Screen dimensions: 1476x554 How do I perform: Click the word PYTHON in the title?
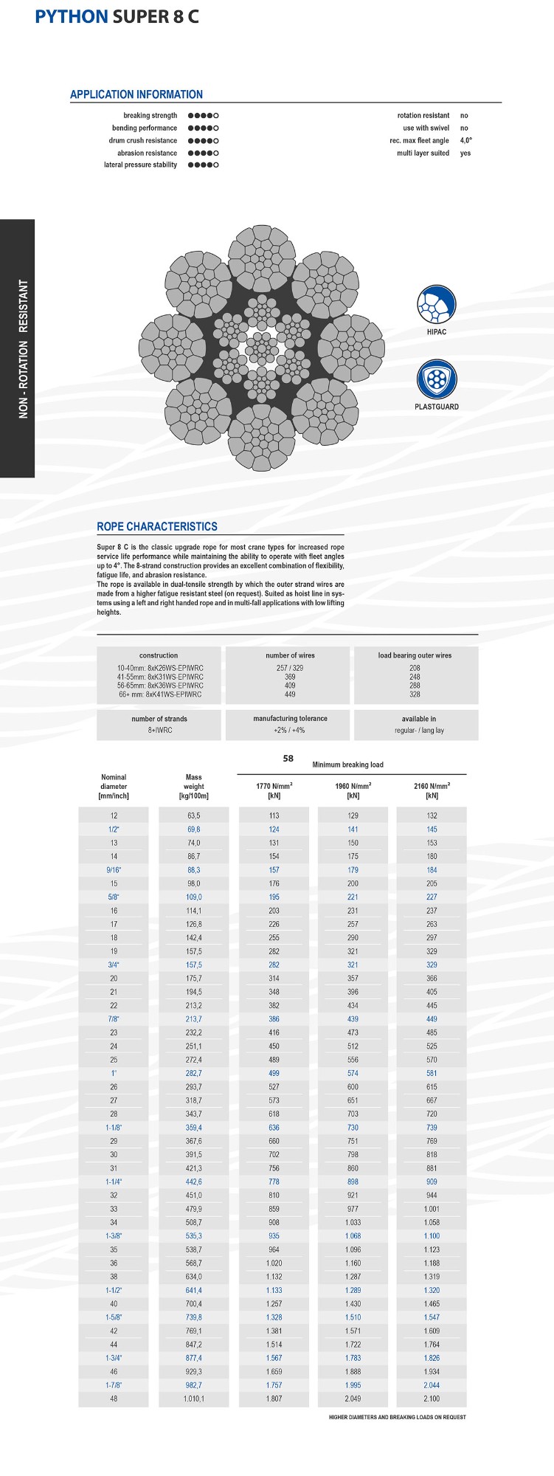click(72, 16)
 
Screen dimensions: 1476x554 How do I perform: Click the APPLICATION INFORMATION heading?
click(136, 94)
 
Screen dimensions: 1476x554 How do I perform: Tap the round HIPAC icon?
click(437, 305)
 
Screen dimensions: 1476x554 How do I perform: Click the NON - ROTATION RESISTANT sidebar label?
click(24, 348)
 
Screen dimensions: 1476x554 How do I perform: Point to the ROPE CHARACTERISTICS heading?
click(157, 526)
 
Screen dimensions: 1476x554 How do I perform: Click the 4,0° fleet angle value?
click(466, 140)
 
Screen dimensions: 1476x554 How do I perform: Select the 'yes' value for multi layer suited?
click(465, 153)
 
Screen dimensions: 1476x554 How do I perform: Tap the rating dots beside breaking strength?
click(204, 116)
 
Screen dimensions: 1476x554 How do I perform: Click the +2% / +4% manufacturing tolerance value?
click(289, 730)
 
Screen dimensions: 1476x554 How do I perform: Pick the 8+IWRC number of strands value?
click(159, 730)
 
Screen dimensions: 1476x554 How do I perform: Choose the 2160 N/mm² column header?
click(432, 790)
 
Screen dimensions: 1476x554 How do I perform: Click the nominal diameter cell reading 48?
click(114, 1399)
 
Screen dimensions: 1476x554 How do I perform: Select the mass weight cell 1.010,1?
click(193, 1399)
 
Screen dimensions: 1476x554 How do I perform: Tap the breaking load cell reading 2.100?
click(432, 1399)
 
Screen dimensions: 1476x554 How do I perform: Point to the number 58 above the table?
click(288, 758)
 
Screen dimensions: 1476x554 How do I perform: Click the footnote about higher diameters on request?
click(397, 1416)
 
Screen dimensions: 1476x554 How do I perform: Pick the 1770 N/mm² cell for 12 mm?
click(274, 815)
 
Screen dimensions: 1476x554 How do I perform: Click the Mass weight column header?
click(193, 786)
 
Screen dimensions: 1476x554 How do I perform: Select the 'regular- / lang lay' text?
click(419, 730)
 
